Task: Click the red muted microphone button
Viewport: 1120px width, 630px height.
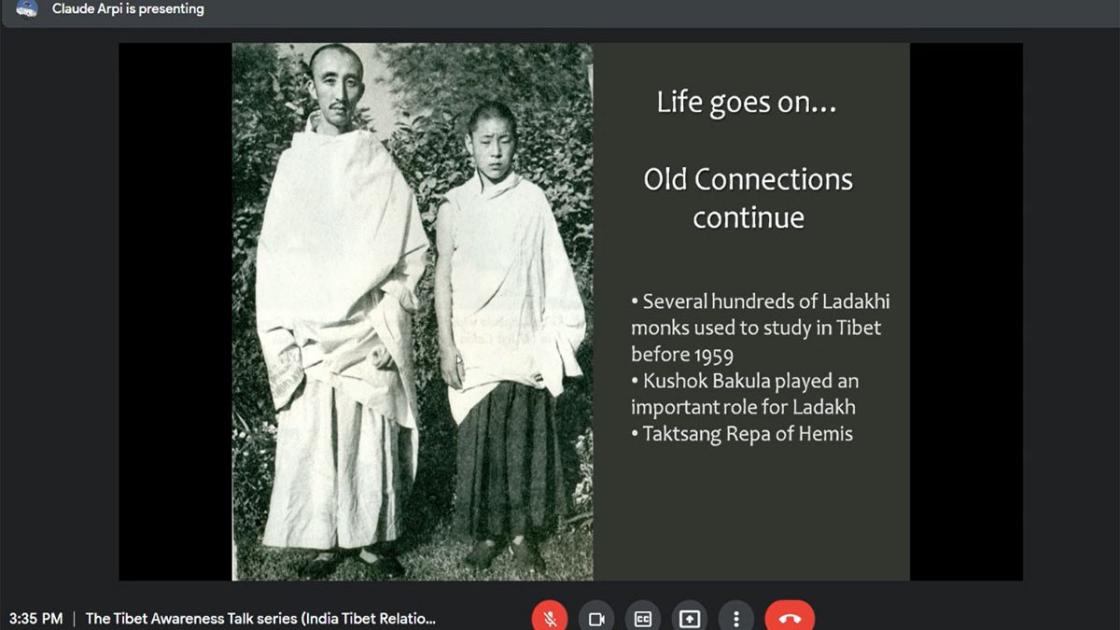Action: click(x=550, y=618)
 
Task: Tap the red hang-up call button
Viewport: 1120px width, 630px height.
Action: click(x=790, y=618)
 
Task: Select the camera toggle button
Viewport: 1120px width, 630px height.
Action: click(x=596, y=619)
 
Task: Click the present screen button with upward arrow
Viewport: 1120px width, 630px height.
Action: click(x=690, y=619)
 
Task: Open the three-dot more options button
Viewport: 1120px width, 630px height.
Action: click(x=736, y=619)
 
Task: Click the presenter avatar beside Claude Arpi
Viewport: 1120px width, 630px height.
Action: click(x=26, y=8)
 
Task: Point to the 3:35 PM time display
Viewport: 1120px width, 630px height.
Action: click(x=36, y=619)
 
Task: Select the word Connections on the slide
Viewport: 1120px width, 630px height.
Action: click(x=773, y=179)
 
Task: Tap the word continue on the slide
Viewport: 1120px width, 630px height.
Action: click(x=749, y=218)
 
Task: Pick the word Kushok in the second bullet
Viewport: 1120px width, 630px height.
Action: click(x=675, y=381)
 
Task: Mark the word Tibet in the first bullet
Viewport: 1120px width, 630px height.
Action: click(x=858, y=328)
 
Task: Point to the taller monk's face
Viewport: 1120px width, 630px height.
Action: click(x=336, y=88)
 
